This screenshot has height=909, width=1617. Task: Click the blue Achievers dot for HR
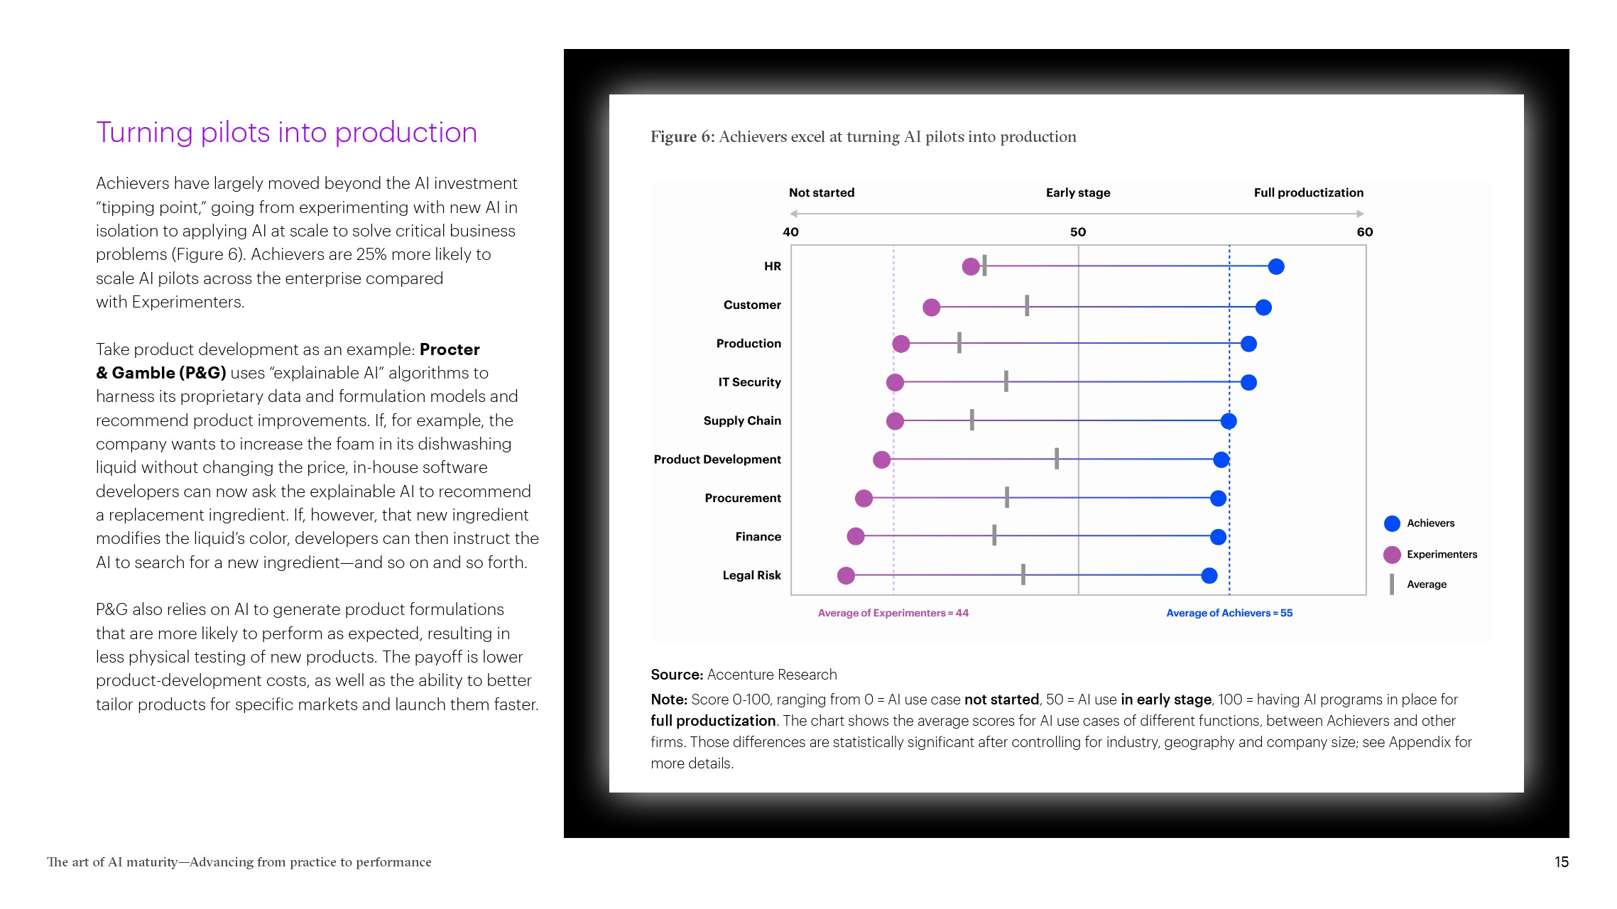point(1275,266)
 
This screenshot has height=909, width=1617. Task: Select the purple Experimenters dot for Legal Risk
point(845,575)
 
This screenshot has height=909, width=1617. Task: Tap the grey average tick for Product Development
point(1056,459)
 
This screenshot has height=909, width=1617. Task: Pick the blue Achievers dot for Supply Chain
point(1228,421)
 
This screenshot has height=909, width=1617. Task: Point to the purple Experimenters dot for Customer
point(931,307)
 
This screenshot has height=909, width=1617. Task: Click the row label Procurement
point(742,498)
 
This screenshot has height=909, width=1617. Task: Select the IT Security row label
point(748,382)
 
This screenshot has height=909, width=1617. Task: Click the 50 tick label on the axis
point(1077,232)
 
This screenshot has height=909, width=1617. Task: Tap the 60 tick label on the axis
point(1364,232)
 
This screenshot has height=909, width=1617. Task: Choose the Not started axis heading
point(821,192)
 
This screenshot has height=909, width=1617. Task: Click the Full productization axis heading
point(1308,192)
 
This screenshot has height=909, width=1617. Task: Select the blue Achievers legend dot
point(1391,523)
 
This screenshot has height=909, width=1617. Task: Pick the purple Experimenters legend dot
point(1391,554)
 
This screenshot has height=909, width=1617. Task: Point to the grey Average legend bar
point(1391,584)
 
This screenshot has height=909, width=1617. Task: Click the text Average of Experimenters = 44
point(893,613)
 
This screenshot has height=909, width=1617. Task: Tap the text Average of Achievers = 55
point(1229,613)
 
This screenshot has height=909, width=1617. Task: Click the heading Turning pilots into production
point(286,133)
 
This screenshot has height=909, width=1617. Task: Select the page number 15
point(1561,861)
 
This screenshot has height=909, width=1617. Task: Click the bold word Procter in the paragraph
point(450,349)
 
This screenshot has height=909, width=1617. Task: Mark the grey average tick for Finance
point(993,535)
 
